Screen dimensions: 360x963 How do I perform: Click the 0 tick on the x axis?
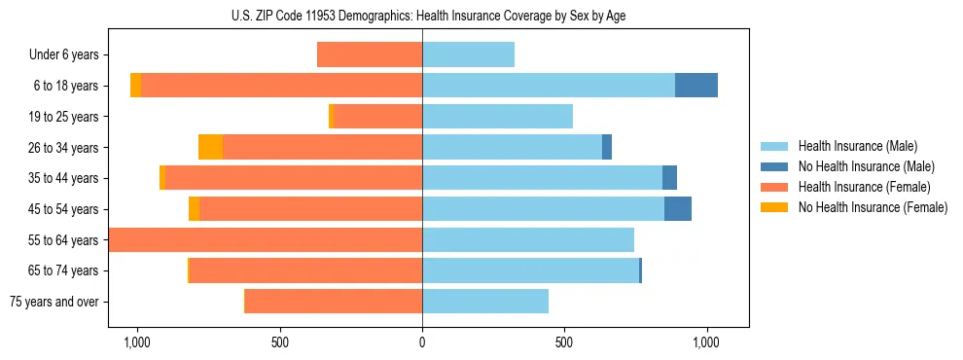422,342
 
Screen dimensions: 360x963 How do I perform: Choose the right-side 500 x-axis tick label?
564,342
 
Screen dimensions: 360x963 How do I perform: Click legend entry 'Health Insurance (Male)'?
857,146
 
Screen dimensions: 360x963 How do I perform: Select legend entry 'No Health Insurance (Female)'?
873,207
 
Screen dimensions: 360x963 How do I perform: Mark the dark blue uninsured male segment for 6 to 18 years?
696,86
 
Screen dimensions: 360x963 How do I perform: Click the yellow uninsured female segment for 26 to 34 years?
210,147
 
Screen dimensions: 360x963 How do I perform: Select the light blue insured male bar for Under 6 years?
468,54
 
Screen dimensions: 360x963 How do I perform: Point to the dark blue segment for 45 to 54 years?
678,209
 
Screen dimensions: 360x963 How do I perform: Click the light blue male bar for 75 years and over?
485,302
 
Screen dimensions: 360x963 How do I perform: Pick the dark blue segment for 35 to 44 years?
669,178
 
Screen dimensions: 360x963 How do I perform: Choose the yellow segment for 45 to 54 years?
195,209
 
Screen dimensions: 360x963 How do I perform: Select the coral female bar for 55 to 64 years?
266,240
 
